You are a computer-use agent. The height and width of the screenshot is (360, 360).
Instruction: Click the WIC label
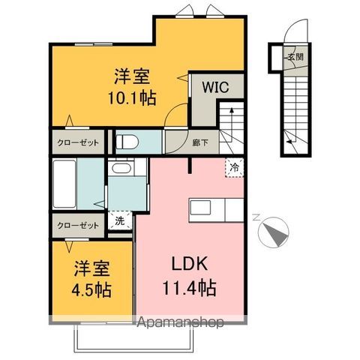pyautogui.click(x=215, y=87)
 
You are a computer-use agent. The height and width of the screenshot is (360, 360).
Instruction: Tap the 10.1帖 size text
pyautogui.click(x=132, y=97)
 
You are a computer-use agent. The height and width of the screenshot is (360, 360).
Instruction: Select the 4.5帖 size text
pyautogui.click(x=91, y=289)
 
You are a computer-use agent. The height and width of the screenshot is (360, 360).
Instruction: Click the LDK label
pyautogui.click(x=190, y=264)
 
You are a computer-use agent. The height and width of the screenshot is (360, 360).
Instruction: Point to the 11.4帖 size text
pyautogui.click(x=190, y=288)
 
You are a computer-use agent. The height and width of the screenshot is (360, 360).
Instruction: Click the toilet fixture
pyautogui.click(x=127, y=142)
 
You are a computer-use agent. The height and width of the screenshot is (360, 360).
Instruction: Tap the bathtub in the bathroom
pyautogui.click(x=64, y=184)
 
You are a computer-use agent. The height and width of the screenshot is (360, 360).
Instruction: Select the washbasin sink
pyautogui.click(x=121, y=168)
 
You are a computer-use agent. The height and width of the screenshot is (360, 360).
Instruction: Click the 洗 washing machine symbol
pyautogui.click(x=120, y=220)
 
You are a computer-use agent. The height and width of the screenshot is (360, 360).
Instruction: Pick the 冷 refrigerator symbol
pyautogui.click(x=234, y=168)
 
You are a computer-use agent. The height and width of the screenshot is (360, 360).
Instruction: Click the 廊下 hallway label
pyautogui.click(x=200, y=142)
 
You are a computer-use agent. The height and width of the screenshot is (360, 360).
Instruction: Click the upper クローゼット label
pyautogui.click(x=78, y=142)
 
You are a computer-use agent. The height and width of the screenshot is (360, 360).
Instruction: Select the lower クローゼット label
pyautogui.click(x=78, y=226)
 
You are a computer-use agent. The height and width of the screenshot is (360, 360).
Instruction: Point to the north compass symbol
pyautogui.click(x=273, y=231)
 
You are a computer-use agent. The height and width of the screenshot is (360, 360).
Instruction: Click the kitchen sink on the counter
pyautogui.click(x=200, y=207)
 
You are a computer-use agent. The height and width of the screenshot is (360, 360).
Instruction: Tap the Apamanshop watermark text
pyautogui.click(x=180, y=322)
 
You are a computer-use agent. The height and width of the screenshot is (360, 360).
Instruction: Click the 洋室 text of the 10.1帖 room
pyautogui.click(x=132, y=76)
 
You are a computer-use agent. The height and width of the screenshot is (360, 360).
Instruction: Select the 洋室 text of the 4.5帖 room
pyautogui.click(x=91, y=268)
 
